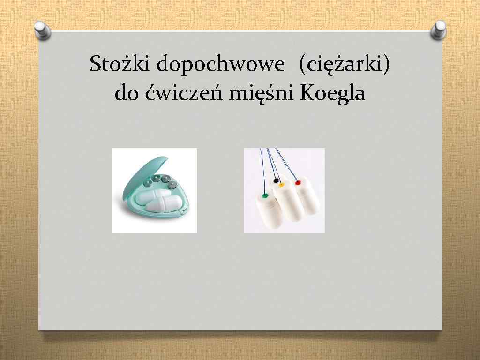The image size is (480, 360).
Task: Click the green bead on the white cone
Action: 265,195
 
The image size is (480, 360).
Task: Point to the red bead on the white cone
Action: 298,182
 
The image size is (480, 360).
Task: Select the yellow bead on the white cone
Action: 282,185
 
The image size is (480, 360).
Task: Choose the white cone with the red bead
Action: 307,199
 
